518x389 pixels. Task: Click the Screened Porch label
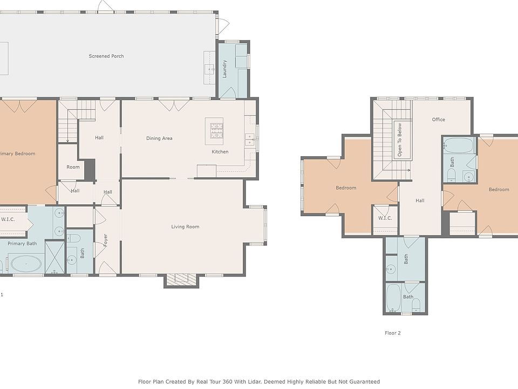(106, 56)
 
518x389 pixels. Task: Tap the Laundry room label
(225, 69)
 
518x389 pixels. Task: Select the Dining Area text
(159, 138)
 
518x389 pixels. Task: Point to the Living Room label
(185, 227)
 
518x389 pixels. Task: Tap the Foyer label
(106, 239)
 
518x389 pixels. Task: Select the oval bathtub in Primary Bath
(26, 264)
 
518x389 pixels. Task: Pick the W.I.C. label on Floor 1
(8, 219)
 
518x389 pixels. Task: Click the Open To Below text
(400, 140)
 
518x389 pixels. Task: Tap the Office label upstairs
(438, 119)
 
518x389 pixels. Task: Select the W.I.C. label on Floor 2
(385, 218)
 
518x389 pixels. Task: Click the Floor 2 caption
(392, 333)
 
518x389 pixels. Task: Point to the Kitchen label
(220, 152)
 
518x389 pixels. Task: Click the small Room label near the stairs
(73, 167)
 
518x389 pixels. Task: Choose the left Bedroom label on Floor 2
(346, 188)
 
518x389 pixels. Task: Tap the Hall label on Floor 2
(420, 200)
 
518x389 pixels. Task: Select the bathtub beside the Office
(459, 146)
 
